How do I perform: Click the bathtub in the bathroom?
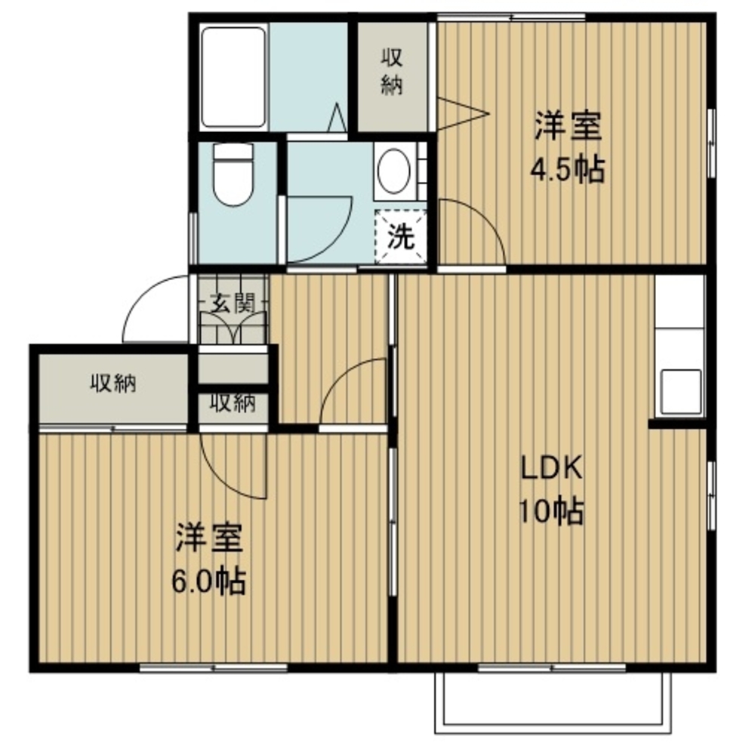(233, 78)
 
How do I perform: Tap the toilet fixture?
(233, 175)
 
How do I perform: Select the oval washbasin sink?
(394, 171)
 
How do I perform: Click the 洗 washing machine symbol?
(401, 236)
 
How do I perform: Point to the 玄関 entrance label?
(233, 304)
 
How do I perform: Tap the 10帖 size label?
(551, 511)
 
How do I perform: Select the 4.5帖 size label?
(567, 169)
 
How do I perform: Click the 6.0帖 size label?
(209, 581)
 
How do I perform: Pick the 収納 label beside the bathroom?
(393, 72)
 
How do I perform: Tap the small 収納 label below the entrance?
(233, 403)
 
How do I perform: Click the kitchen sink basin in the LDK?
(681, 391)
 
